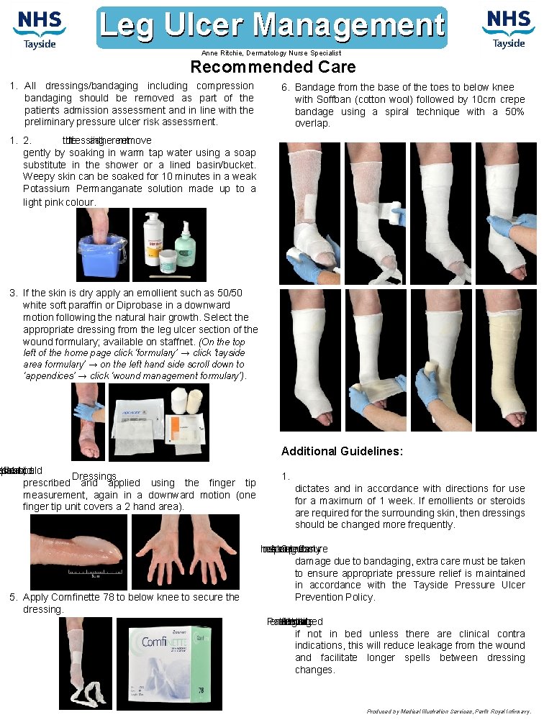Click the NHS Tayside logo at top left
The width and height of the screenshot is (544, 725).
point(40,29)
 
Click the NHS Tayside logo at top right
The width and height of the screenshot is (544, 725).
point(508,29)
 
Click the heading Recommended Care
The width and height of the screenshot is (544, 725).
point(273,68)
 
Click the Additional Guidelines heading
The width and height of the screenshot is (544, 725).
point(342,452)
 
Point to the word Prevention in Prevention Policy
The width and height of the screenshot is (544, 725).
point(318,598)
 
